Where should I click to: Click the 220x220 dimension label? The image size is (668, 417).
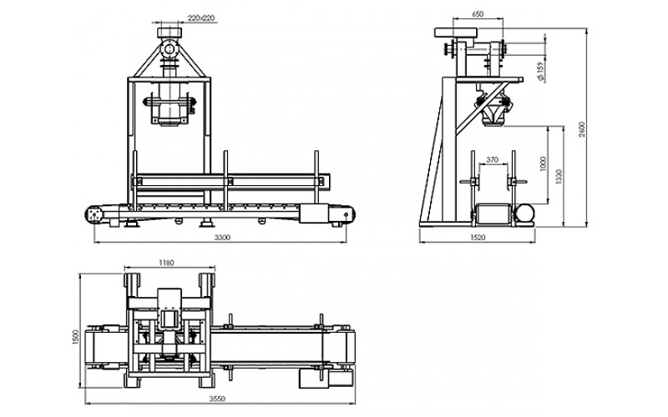[201, 18]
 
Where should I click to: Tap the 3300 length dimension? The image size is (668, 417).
[222, 238]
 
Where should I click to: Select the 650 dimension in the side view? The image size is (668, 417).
[478, 14]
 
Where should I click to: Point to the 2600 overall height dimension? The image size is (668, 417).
[582, 129]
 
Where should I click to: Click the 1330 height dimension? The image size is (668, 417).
[559, 177]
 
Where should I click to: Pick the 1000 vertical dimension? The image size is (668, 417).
[543, 163]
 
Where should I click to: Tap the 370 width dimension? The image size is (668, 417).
[492, 160]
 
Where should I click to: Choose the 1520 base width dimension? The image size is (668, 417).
[478, 238]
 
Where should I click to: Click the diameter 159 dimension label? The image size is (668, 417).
[540, 71]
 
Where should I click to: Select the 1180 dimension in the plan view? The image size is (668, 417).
[165, 263]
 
